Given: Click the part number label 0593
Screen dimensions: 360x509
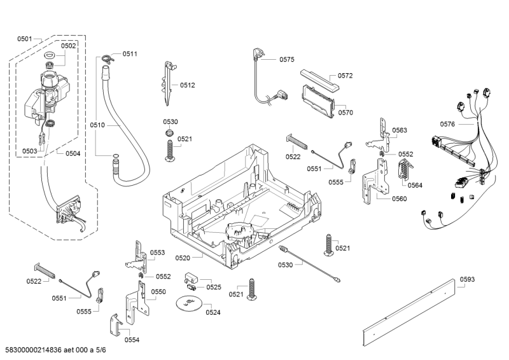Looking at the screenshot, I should (x=467, y=279).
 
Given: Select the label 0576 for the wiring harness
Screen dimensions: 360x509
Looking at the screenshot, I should (x=448, y=124).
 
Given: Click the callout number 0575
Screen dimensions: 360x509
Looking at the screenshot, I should (x=286, y=60).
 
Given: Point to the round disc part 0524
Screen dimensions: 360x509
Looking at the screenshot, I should (x=188, y=302).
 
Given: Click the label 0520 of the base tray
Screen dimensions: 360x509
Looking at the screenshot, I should (x=183, y=258).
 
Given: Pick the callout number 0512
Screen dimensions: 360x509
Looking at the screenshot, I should (x=187, y=85).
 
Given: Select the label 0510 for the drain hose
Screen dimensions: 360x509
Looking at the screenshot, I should (x=97, y=125).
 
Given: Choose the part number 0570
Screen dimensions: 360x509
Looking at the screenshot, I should (x=345, y=113).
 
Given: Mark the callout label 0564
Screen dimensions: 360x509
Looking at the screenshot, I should (x=415, y=186).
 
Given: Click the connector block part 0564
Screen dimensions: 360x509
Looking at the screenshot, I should (x=402, y=171).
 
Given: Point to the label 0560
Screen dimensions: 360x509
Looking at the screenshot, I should (x=399, y=198).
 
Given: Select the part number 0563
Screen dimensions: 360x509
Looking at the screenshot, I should (x=400, y=130).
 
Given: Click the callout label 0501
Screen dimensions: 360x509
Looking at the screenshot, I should (x=25, y=39).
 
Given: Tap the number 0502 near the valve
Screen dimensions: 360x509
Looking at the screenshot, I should (x=68, y=46).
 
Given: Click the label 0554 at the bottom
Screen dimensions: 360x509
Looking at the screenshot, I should (x=132, y=340).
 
